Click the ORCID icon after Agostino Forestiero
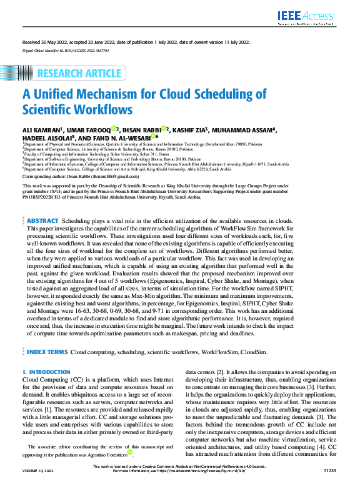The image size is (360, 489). click(129, 452)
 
